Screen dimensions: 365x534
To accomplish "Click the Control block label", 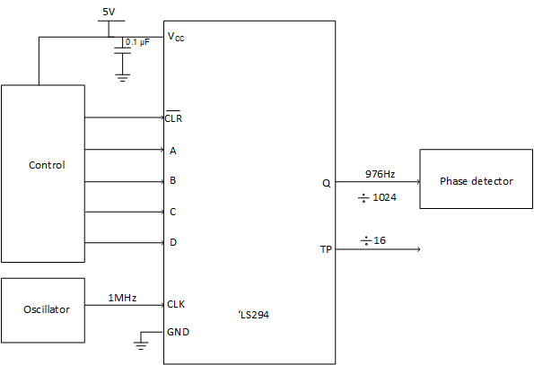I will point(47,165).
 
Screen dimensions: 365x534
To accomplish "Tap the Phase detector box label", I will point(476,181).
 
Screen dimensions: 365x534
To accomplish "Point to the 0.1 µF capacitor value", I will point(137,42).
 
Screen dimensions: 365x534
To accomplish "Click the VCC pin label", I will point(177,37).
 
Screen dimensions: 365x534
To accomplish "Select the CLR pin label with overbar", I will point(174,117).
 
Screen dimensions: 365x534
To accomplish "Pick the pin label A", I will point(172,150).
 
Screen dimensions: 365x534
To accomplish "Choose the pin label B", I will point(172,180).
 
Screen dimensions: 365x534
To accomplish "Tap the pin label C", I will point(172,212).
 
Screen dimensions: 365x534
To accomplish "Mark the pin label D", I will point(172,242).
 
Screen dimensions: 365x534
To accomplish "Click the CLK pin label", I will point(176,304).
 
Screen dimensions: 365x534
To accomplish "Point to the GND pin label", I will point(178,331).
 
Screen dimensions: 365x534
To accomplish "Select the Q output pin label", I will point(326,182).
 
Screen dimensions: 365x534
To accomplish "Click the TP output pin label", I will point(325,250).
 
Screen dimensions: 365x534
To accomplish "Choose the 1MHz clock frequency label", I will point(121,298).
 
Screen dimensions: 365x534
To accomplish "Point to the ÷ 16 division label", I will point(372,240).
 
